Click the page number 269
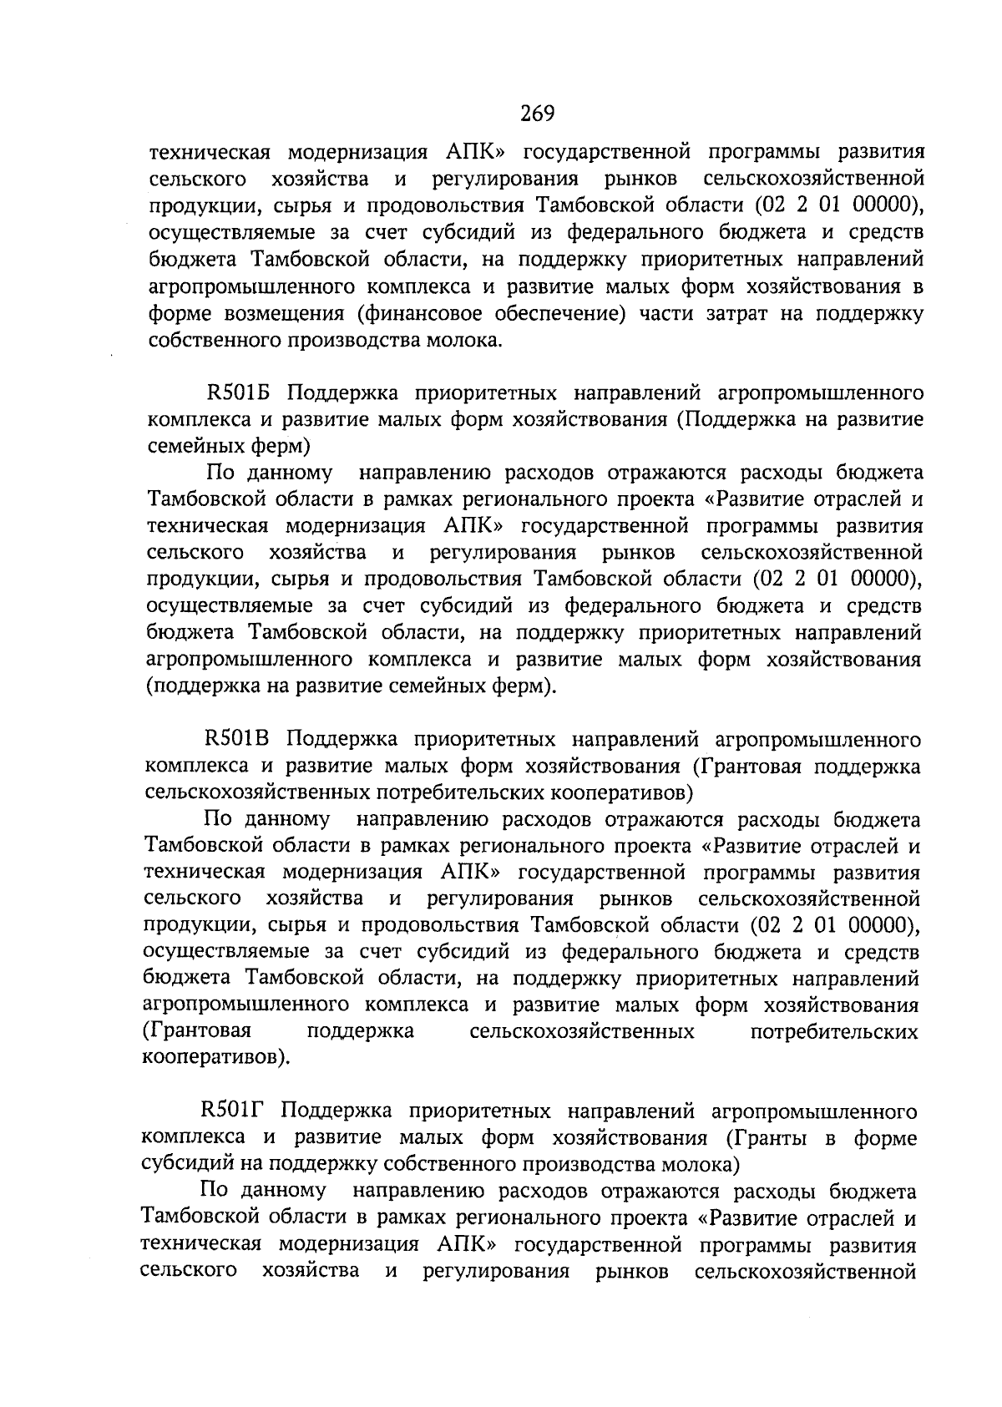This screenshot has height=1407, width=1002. coord(538,114)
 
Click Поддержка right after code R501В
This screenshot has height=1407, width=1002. coord(343,740)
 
